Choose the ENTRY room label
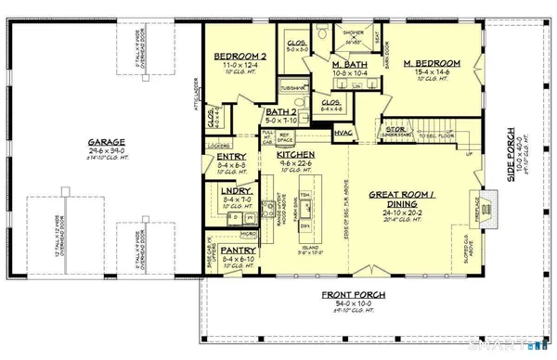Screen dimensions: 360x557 click(230, 157)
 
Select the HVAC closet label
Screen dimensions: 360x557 click(344, 134)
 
